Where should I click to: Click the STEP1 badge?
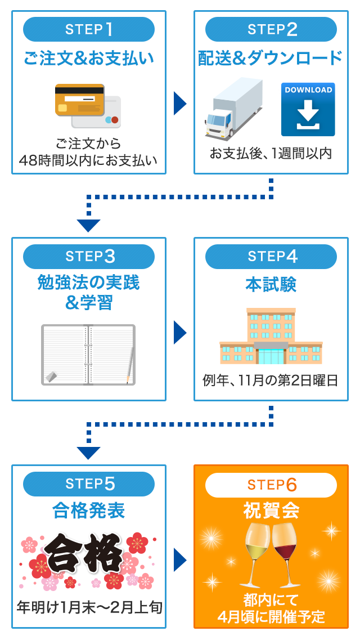coord(89,29)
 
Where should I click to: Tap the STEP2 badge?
coord(271,29)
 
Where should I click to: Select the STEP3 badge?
coord(89,256)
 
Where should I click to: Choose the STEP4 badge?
coord(271,256)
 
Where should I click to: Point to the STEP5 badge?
coord(89,484)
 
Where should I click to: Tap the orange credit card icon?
coord(80,100)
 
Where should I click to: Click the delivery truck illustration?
coord(233,109)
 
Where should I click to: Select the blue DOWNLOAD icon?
coord(308,109)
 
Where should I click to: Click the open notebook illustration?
coord(88,355)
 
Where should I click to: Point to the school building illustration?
coord(271,337)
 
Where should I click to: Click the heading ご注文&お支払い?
coord(89,59)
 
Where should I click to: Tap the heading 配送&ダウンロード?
coord(271,59)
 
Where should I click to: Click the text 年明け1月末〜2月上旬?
coord(89,608)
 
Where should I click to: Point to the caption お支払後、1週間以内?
coord(271,153)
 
